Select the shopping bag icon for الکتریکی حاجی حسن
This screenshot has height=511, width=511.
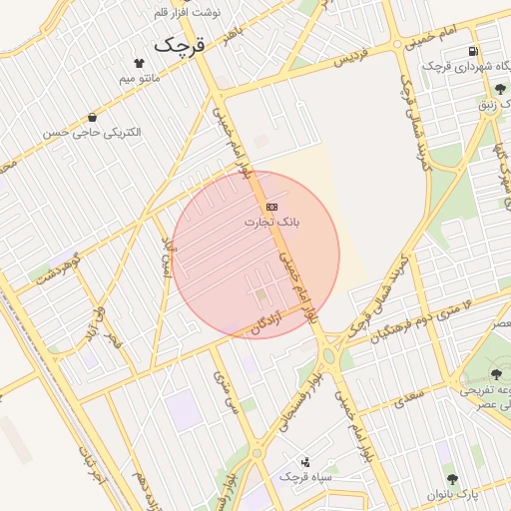92,118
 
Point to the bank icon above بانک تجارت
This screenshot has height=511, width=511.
272,206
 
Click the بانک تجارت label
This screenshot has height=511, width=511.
271,222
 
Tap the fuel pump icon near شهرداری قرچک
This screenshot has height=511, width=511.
470,51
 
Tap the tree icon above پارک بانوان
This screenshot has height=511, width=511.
451,479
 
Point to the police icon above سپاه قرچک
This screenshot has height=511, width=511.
305,461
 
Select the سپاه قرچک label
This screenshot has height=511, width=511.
304,477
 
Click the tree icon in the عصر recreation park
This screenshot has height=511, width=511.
496,374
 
